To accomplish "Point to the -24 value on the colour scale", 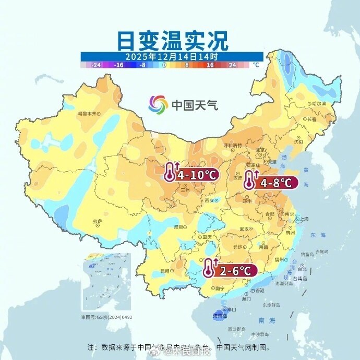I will pos(95,65).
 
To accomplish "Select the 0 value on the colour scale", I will pos(164,65).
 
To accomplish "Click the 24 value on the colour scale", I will pos(232,65).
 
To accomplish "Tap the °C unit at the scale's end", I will pos(256,65).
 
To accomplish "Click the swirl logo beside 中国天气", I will pos(158,104).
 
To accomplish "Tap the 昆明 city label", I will pos(165,271).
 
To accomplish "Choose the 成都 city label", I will pos(179,227).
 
